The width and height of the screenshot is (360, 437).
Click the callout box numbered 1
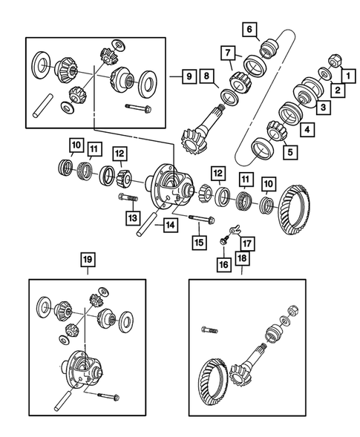pyautogui.click(x=344, y=75)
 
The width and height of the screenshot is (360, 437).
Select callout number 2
pyautogui.click(x=338, y=91)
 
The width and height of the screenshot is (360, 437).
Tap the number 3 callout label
pyautogui.click(x=323, y=108)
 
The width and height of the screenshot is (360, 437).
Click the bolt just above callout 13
pyautogui.click(x=128, y=197)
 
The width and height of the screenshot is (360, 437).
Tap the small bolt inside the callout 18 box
pyautogui.click(x=209, y=328)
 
